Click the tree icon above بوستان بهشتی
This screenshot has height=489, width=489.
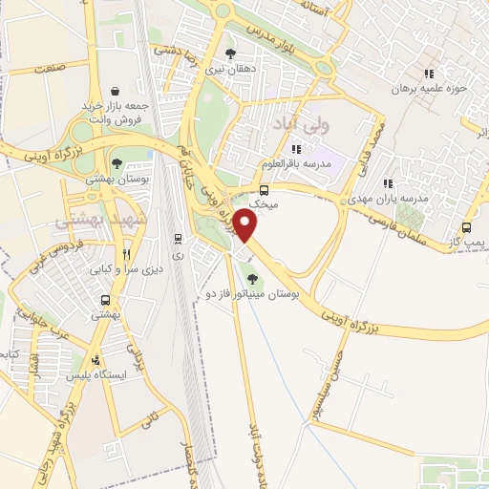click(x=117, y=163)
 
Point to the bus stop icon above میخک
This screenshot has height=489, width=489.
click(x=264, y=190)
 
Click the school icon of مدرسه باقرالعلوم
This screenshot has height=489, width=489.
click(x=296, y=148)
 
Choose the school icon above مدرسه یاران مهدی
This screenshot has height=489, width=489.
click(x=387, y=183)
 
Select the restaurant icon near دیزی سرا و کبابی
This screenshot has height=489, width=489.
click(x=126, y=255)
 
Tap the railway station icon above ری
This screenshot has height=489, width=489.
click(x=178, y=238)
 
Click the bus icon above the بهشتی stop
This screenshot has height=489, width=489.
click(x=101, y=300)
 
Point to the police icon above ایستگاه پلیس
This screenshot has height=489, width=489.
click(x=96, y=361)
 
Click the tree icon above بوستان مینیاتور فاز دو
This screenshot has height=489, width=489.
click(x=252, y=280)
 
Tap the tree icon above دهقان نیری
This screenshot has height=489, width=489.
click(x=229, y=53)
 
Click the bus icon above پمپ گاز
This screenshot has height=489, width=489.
click(x=466, y=227)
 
